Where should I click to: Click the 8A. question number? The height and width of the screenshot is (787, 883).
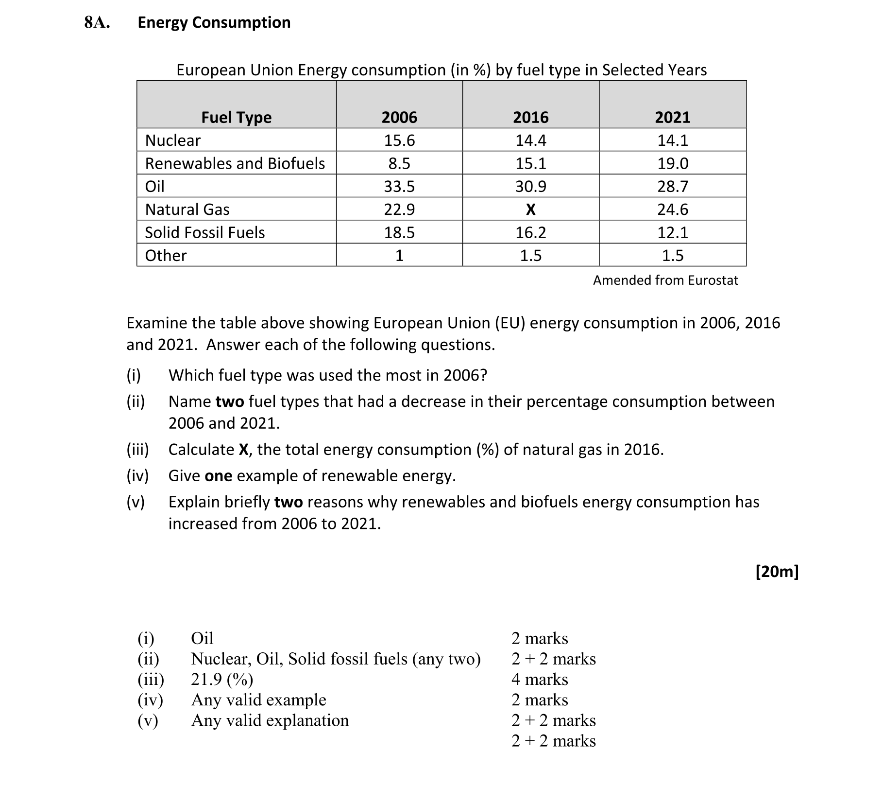click(x=97, y=22)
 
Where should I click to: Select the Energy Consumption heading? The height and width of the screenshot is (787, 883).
click(x=214, y=22)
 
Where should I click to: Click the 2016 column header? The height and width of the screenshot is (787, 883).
click(x=530, y=117)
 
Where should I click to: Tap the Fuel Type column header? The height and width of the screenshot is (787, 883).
click(x=236, y=117)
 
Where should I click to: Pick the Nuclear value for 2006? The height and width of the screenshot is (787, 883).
click(x=399, y=140)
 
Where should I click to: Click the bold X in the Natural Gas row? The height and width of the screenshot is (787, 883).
click(x=530, y=210)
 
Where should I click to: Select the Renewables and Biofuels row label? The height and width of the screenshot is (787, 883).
click(x=235, y=163)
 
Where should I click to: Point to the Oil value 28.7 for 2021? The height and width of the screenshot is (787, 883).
click(x=673, y=186)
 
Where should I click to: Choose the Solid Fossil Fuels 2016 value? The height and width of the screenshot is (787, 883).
click(x=530, y=232)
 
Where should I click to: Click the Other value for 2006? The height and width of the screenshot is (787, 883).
click(x=399, y=255)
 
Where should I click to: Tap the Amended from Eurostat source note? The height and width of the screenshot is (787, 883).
click(x=665, y=280)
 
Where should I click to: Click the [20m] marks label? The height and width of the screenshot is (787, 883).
click(x=777, y=571)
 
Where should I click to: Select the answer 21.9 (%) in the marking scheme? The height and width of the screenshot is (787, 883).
click(x=222, y=679)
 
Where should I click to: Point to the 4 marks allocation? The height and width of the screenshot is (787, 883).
click(x=540, y=679)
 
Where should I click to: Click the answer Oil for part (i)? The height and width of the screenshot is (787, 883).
click(x=202, y=638)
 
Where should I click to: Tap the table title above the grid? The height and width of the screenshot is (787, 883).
click(x=441, y=70)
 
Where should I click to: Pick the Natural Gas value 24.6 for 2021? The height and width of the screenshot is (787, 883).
click(x=673, y=210)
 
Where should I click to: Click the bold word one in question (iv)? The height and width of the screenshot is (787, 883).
click(x=218, y=475)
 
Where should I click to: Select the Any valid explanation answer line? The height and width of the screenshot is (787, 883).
click(x=270, y=720)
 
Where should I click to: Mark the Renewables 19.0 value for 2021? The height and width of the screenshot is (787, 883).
click(x=673, y=163)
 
